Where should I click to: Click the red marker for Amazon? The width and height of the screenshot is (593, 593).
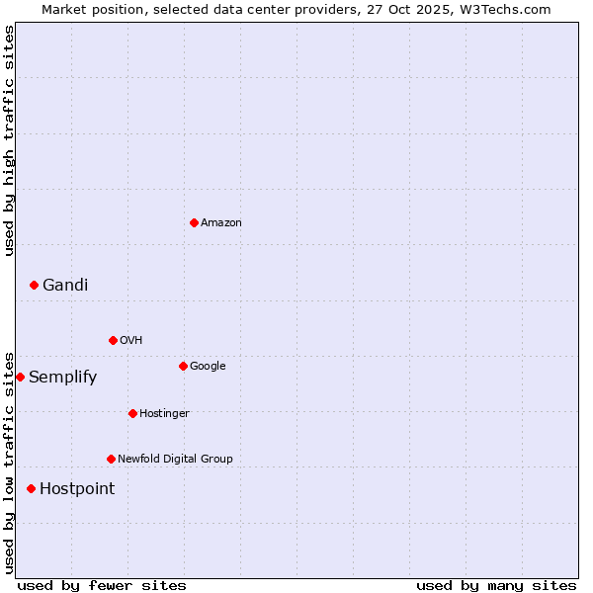tap(194, 222)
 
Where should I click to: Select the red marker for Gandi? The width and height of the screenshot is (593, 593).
tap(34, 285)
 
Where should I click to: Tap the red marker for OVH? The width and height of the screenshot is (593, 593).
tap(113, 340)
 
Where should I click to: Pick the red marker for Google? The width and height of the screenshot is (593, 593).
tap(183, 366)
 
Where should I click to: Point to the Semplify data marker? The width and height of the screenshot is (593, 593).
tap(20, 377)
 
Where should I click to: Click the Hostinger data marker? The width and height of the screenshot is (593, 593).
tap(132, 413)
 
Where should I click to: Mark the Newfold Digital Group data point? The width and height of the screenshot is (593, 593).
tap(111, 459)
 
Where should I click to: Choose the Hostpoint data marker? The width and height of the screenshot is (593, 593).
tap(31, 488)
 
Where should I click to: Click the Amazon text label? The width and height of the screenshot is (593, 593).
tap(220, 222)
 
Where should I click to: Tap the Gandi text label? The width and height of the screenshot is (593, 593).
tap(65, 285)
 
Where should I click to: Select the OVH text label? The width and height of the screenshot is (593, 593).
tap(130, 340)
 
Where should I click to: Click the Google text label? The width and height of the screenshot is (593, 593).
tap(208, 366)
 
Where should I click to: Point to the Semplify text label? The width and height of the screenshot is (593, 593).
tap(62, 377)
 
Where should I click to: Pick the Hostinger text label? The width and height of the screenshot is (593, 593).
tap(164, 413)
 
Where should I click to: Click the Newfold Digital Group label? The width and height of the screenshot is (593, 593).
tap(175, 459)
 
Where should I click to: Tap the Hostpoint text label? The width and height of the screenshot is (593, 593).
tap(77, 488)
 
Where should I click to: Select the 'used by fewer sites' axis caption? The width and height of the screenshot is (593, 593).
tap(102, 585)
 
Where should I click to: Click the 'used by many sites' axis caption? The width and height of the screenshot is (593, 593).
tap(496, 585)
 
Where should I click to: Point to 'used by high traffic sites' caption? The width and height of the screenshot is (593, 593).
tap(9, 140)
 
